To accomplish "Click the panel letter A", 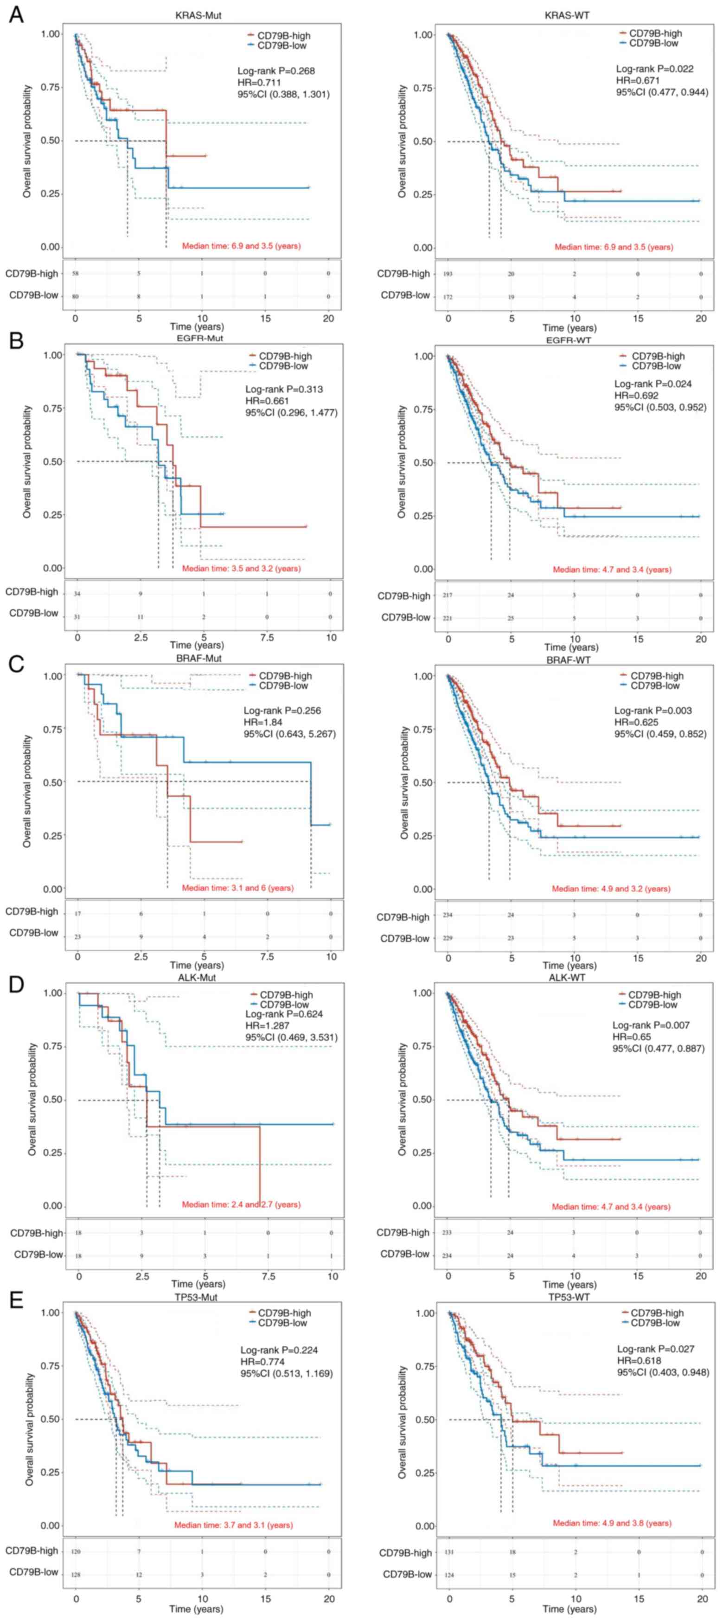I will (x=16, y=14).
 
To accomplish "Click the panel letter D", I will (x=16, y=983).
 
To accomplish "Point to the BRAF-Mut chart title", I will (x=200, y=659).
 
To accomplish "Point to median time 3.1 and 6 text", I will (x=237, y=888).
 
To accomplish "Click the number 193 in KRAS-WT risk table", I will (x=448, y=274).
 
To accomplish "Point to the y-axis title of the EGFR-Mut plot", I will (x=27, y=461).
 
